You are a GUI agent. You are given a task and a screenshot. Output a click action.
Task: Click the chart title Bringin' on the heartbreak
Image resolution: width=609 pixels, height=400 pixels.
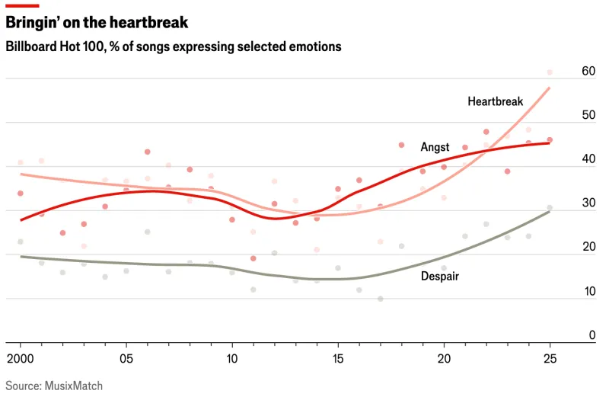(x=97, y=23)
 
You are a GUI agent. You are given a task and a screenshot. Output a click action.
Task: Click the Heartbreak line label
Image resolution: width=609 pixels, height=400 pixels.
(x=496, y=101)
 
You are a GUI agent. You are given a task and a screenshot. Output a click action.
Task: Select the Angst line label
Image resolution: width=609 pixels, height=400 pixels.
(x=435, y=146)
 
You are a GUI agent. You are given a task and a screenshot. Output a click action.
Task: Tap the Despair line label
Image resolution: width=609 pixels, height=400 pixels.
(x=440, y=276)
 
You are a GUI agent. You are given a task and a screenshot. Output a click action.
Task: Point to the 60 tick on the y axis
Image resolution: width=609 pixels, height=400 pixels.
(x=588, y=71)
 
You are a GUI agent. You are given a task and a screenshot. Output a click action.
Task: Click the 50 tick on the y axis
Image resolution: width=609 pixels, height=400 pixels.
(x=588, y=115)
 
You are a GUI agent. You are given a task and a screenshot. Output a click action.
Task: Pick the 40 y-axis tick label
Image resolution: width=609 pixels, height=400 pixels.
(x=588, y=159)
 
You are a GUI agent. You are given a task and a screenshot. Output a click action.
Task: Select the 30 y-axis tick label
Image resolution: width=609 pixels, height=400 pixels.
(x=588, y=203)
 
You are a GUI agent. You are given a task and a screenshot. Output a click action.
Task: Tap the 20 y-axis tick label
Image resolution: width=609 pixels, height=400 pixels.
(x=588, y=247)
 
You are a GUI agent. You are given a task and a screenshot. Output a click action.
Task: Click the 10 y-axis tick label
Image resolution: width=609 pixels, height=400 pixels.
(x=588, y=291)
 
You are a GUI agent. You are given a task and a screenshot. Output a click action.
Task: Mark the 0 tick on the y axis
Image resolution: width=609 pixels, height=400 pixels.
(x=591, y=335)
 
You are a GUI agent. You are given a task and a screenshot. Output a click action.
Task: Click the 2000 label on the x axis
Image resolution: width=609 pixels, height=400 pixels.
(x=21, y=358)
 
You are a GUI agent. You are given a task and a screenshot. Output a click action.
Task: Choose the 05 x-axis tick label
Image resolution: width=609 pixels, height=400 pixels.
(x=126, y=358)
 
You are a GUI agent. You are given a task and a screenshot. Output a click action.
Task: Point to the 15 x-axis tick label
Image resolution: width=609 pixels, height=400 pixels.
(x=337, y=358)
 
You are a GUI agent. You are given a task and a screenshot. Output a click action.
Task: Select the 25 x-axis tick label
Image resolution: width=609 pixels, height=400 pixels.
(x=549, y=358)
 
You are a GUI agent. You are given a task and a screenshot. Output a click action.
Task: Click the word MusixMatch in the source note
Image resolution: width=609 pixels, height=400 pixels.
(x=75, y=386)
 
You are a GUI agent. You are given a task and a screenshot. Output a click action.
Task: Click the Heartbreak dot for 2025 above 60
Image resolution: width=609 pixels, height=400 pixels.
(x=550, y=72)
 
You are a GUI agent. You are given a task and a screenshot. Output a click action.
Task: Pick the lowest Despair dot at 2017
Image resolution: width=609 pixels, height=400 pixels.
(x=381, y=299)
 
